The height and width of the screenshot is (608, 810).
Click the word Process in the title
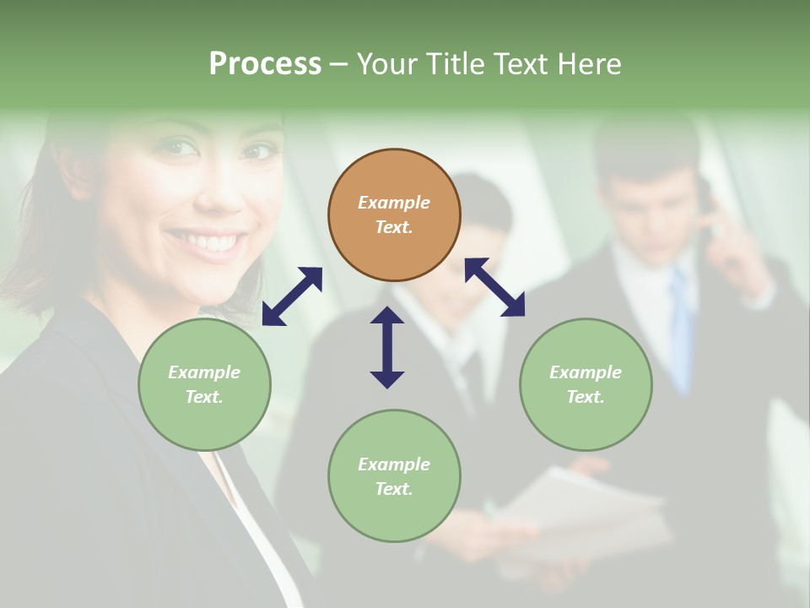point(265,64)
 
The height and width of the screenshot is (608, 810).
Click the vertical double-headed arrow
point(387,347)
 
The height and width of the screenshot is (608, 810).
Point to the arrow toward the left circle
point(292,296)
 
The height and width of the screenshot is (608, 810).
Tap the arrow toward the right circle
point(494,287)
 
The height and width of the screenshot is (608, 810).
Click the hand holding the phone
point(733,245)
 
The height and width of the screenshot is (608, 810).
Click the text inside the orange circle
point(394,214)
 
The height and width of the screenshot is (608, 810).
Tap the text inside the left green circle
point(204,384)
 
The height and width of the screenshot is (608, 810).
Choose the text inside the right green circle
point(586,384)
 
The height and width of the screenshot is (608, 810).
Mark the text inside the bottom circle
point(394,476)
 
